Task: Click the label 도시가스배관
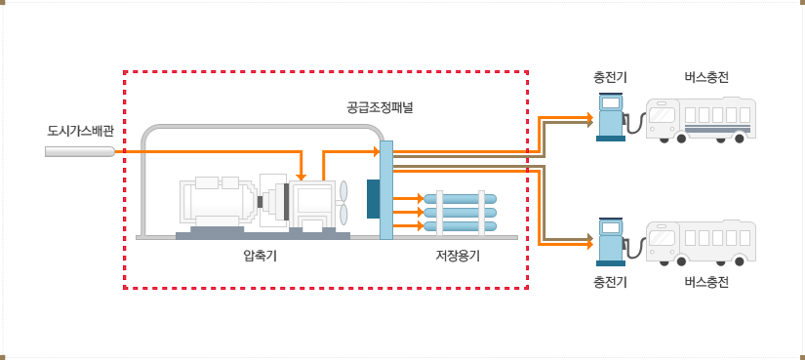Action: pyautogui.click(x=80, y=130)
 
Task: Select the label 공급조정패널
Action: pyautogui.click(x=380, y=106)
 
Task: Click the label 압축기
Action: pyautogui.click(x=260, y=257)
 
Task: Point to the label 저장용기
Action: pyautogui.click(x=458, y=257)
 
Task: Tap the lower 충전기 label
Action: pyautogui.click(x=610, y=283)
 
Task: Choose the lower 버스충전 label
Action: pyautogui.click(x=706, y=283)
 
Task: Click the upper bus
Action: pyautogui.click(x=701, y=120)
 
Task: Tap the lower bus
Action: pyautogui.click(x=701, y=243)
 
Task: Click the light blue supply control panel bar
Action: pyautogui.click(x=386, y=190)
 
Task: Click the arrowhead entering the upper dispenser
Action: pyautogui.click(x=589, y=120)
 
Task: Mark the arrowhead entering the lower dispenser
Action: pyautogui.click(x=589, y=240)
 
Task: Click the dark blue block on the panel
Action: pyautogui.click(x=373, y=198)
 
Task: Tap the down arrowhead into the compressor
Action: pyautogui.click(x=302, y=176)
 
